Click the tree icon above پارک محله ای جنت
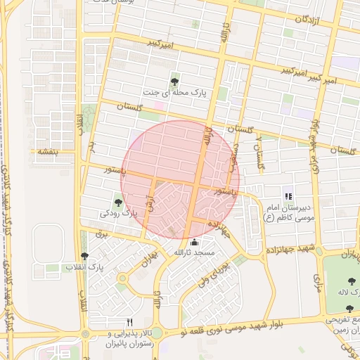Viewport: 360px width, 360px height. (x=174, y=81)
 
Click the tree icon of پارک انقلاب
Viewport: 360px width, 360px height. (x=85, y=257)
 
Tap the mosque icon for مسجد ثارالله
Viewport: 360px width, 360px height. (x=195, y=243)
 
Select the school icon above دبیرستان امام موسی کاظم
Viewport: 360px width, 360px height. (x=287, y=195)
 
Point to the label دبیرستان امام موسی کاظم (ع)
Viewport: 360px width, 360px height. (x=288, y=213)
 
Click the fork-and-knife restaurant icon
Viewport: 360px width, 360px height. (x=129, y=322)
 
